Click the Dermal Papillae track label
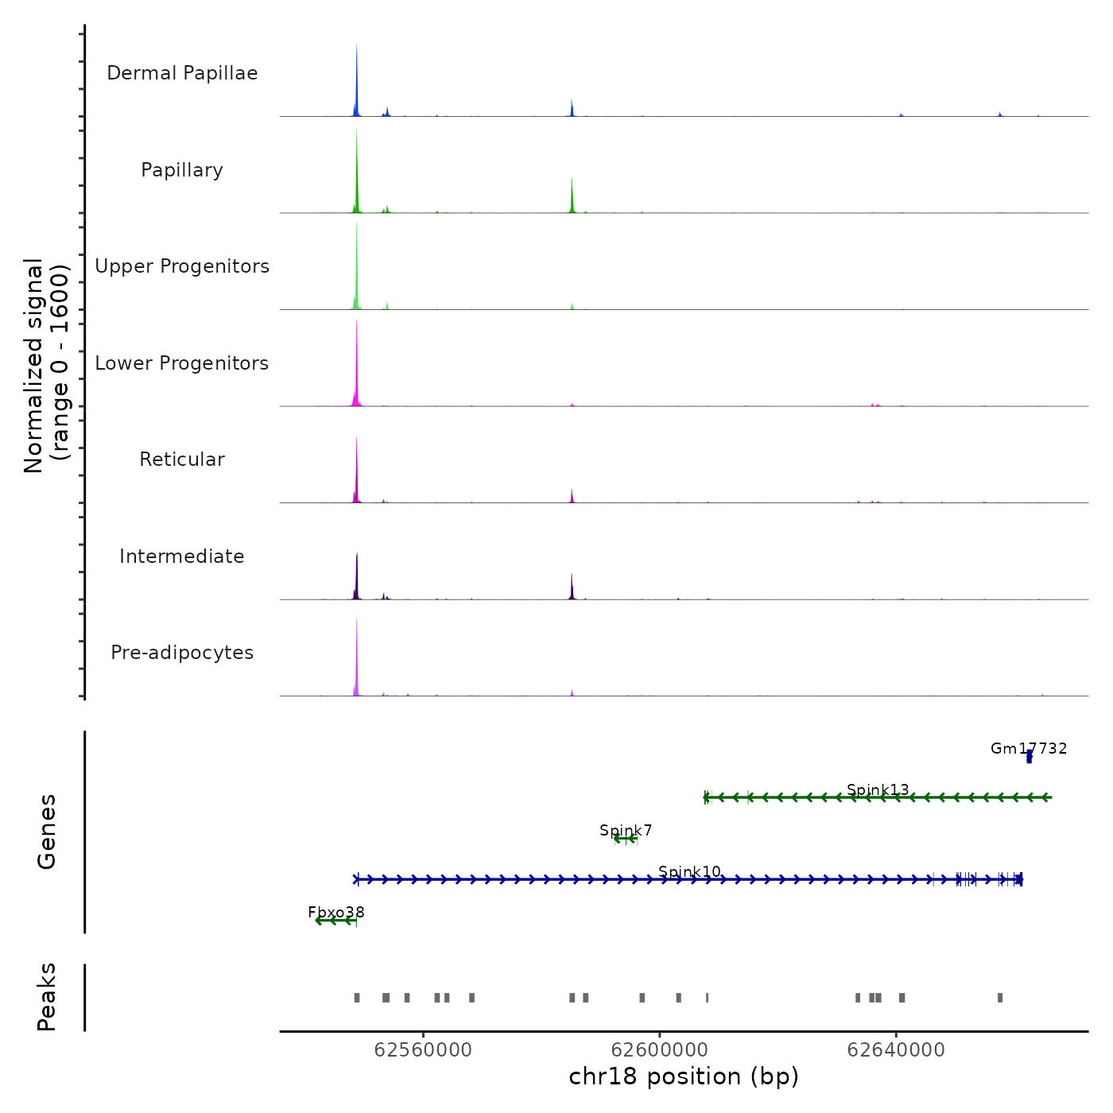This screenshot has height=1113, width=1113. pyautogui.click(x=182, y=73)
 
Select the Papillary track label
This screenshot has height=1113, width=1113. pyautogui.click(x=182, y=170)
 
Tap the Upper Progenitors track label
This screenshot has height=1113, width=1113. pyautogui.click(x=182, y=266)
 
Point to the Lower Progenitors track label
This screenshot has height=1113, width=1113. pyautogui.click(x=182, y=363)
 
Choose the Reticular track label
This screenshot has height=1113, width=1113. pyautogui.click(x=182, y=460)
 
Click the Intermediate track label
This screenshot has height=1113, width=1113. pyautogui.click(x=182, y=556)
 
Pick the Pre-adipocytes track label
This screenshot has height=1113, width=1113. pyautogui.click(x=182, y=653)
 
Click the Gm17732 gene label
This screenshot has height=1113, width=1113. pyautogui.click(x=1029, y=748)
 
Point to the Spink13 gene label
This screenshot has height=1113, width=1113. pyautogui.click(x=878, y=789)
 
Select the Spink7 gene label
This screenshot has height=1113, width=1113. pyautogui.click(x=626, y=830)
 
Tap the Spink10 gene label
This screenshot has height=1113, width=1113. pyautogui.click(x=689, y=871)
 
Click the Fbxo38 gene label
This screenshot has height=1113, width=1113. pyautogui.click(x=336, y=912)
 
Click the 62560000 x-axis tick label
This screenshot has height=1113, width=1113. pyautogui.click(x=423, y=1050)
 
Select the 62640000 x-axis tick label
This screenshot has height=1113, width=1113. pyautogui.click(x=896, y=1050)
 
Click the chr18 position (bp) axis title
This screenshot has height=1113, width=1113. pyautogui.click(x=684, y=1076)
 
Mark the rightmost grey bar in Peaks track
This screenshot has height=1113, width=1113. pyautogui.click(x=1000, y=998)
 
